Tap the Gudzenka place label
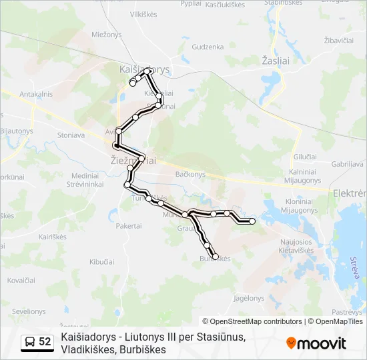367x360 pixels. pyautogui.click(x=208, y=47)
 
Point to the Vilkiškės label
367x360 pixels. pyautogui.click(x=148, y=13)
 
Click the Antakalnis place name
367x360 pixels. pyautogui.click(x=36, y=94)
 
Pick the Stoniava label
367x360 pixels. pyautogui.click(x=71, y=135)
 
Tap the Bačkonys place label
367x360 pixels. pyautogui.click(x=190, y=174)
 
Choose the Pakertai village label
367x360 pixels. pyautogui.click(x=129, y=226)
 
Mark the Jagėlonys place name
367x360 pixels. pyautogui.click(x=250, y=297)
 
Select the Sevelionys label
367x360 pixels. pyautogui.click(x=29, y=311)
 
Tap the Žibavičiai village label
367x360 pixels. pyautogui.click(x=338, y=41)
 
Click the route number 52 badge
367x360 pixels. pyautogui.click(x=45, y=342)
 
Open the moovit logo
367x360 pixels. pyautogui.click(x=316, y=343)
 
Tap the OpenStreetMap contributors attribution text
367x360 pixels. pyautogui.click(x=252, y=321)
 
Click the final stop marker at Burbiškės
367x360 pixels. pyautogui.click(x=215, y=256)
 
